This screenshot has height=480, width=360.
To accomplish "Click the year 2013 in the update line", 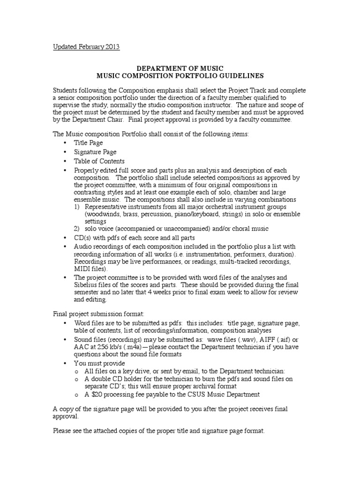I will (x=112, y=46).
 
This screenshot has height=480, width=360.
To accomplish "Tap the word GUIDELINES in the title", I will (x=237, y=75).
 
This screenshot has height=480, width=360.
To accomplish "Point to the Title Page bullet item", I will (x=89, y=143).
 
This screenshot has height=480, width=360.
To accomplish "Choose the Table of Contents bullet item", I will (x=99, y=161).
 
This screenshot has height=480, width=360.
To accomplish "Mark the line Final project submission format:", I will (x=92, y=314).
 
